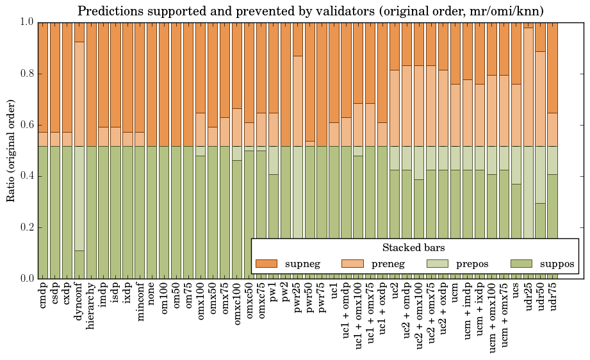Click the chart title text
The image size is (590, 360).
click(x=311, y=11)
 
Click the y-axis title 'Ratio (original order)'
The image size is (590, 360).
click(x=11, y=149)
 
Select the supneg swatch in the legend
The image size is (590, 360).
click(x=266, y=263)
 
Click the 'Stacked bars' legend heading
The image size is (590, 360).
click(x=414, y=248)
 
